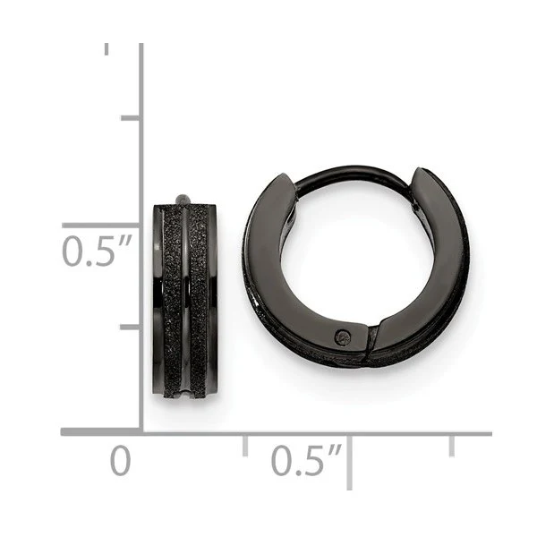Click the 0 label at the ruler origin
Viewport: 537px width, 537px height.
coord(121,461)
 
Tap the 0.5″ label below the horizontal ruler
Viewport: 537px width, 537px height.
coord(306,460)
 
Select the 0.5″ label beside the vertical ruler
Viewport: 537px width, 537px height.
coord(97,251)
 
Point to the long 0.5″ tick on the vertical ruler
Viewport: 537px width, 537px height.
coord(101,225)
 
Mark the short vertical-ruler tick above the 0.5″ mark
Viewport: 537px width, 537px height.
coord(130,118)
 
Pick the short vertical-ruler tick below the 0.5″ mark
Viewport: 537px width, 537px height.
coord(130,328)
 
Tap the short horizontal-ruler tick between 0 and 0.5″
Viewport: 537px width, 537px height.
coord(245,446)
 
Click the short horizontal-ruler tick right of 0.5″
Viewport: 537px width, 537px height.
coord(452,446)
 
